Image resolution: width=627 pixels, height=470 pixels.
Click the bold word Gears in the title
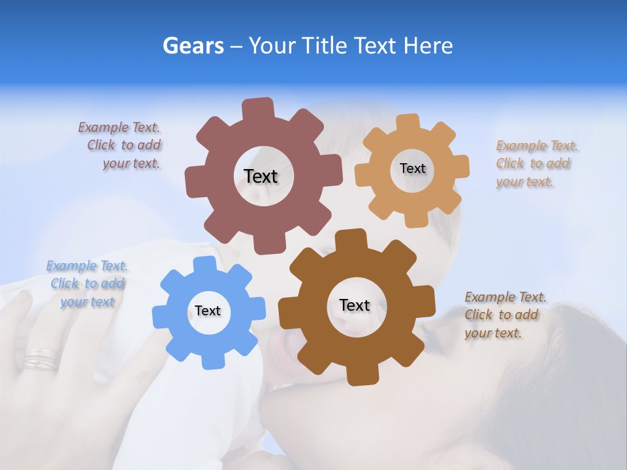click(193, 46)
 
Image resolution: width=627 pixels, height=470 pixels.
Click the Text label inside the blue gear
click(208, 311)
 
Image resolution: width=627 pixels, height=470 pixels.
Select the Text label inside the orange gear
click(412, 168)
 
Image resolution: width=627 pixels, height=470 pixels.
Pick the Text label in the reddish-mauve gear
click(261, 176)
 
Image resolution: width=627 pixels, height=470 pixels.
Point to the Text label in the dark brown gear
click(355, 305)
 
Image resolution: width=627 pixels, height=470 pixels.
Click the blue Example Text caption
click(87, 284)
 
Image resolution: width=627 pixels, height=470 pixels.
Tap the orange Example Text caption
click(536, 164)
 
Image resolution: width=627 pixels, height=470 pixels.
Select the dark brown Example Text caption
click(504, 315)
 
